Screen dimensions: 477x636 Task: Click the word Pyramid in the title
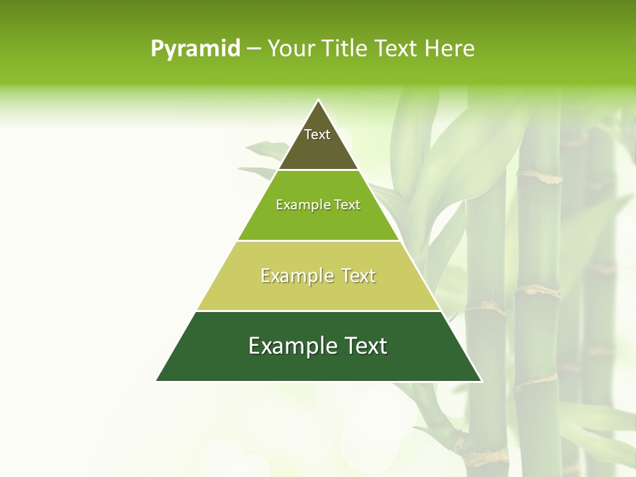195,49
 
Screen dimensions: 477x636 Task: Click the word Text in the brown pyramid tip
317,134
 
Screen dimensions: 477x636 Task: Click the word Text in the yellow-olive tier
358,276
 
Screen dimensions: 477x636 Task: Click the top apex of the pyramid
319,101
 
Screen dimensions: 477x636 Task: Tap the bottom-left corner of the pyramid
157,381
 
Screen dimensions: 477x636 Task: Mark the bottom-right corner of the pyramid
481,381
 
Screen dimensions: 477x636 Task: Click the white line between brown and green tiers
318,170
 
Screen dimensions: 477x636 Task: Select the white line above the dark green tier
318,311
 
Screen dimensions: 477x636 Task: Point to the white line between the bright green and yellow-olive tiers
318,240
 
